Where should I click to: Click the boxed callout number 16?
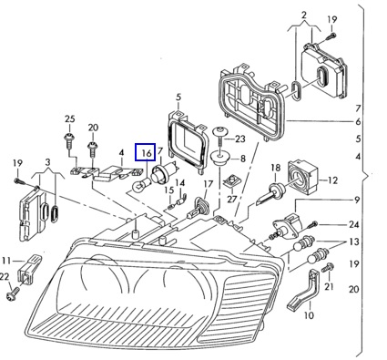[x=147, y=153]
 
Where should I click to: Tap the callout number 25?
[x=70, y=118]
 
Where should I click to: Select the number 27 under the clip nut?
[x=232, y=200]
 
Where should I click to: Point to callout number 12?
[x=332, y=180]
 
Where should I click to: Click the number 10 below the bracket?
[x=309, y=315]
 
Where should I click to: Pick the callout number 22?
[x=5, y=276]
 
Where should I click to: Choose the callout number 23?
[x=239, y=139]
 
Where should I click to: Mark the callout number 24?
[x=353, y=224]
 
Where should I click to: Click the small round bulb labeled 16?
[x=141, y=183]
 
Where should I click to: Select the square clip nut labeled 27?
[x=231, y=181]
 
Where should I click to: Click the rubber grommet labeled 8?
[x=220, y=159]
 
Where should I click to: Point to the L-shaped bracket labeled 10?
[x=304, y=291]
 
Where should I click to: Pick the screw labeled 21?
[x=329, y=268]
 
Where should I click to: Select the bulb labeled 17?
[x=198, y=207]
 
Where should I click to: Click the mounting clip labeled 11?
[x=29, y=269]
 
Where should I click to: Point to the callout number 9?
[x=357, y=200]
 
